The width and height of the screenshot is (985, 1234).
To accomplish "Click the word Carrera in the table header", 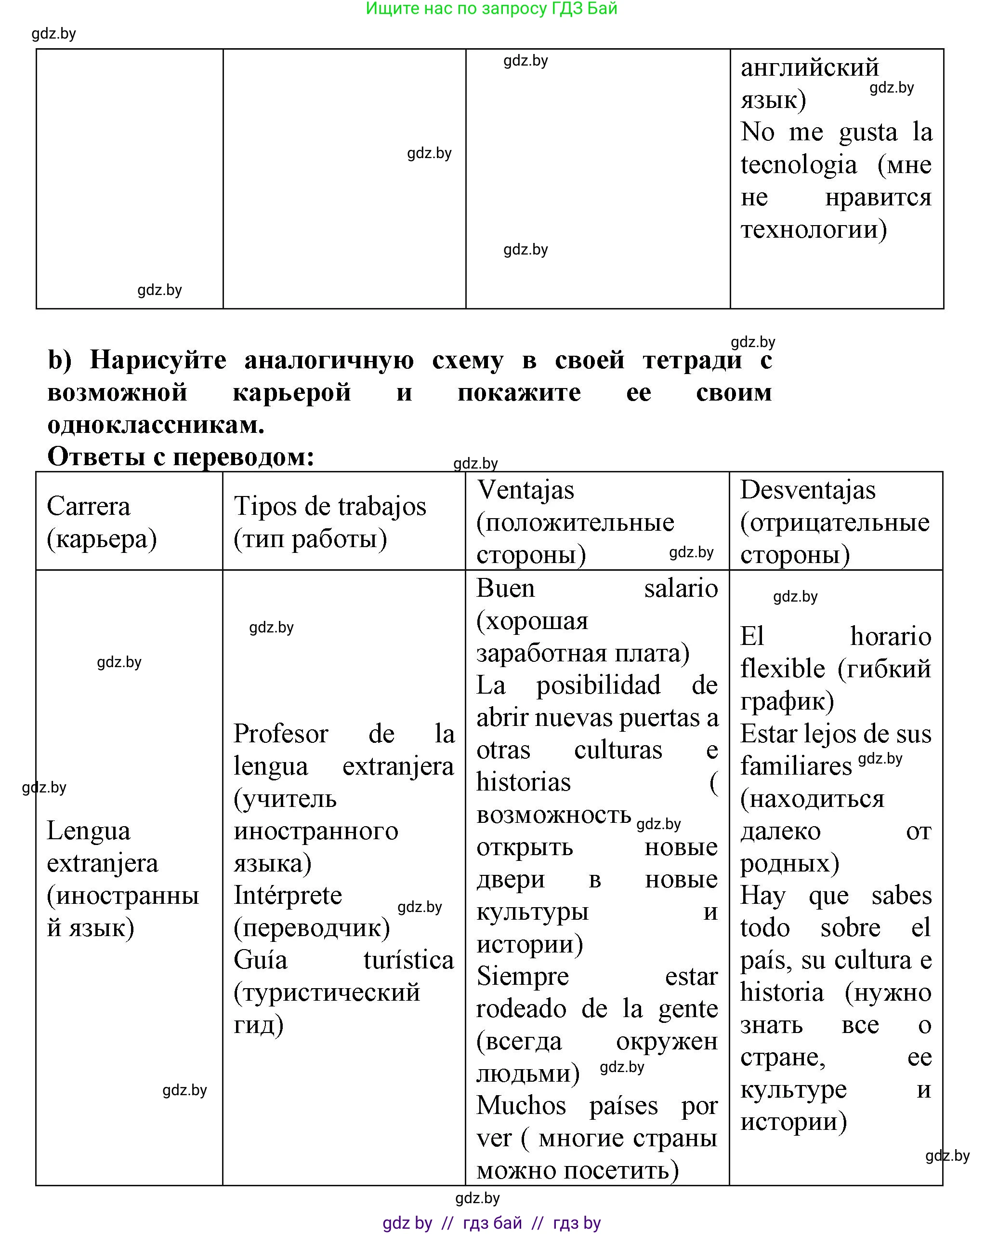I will (x=88, y=506).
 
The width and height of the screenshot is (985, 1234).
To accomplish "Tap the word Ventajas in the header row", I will (x=525, y=490).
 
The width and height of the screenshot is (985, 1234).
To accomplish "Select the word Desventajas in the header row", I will (x=807, y=490).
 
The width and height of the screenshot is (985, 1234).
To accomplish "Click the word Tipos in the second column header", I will (x=265, y=506).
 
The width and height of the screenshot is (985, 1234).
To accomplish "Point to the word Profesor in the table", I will (x=280, y=734).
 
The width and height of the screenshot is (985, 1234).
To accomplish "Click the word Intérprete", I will (x=287, y=895).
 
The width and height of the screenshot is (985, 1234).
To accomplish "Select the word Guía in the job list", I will (x=260, y=960).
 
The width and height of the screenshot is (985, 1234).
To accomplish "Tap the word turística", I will (x=408, y=960).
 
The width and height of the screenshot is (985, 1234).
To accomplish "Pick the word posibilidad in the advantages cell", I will (x=598, y=685).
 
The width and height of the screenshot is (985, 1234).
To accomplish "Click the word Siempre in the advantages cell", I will (x=522, y=976).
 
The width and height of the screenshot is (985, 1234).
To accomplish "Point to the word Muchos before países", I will (x=521, y=1105).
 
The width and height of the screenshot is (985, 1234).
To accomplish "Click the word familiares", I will (x=796, y=766).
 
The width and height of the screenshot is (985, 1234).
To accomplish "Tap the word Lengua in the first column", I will (x=88, y=831).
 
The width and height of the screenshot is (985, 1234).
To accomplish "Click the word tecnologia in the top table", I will (x=799, y=165).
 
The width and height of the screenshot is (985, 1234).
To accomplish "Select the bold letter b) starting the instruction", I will (x=60, y=360).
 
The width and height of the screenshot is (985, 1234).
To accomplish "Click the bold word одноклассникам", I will (x=156, y=425).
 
